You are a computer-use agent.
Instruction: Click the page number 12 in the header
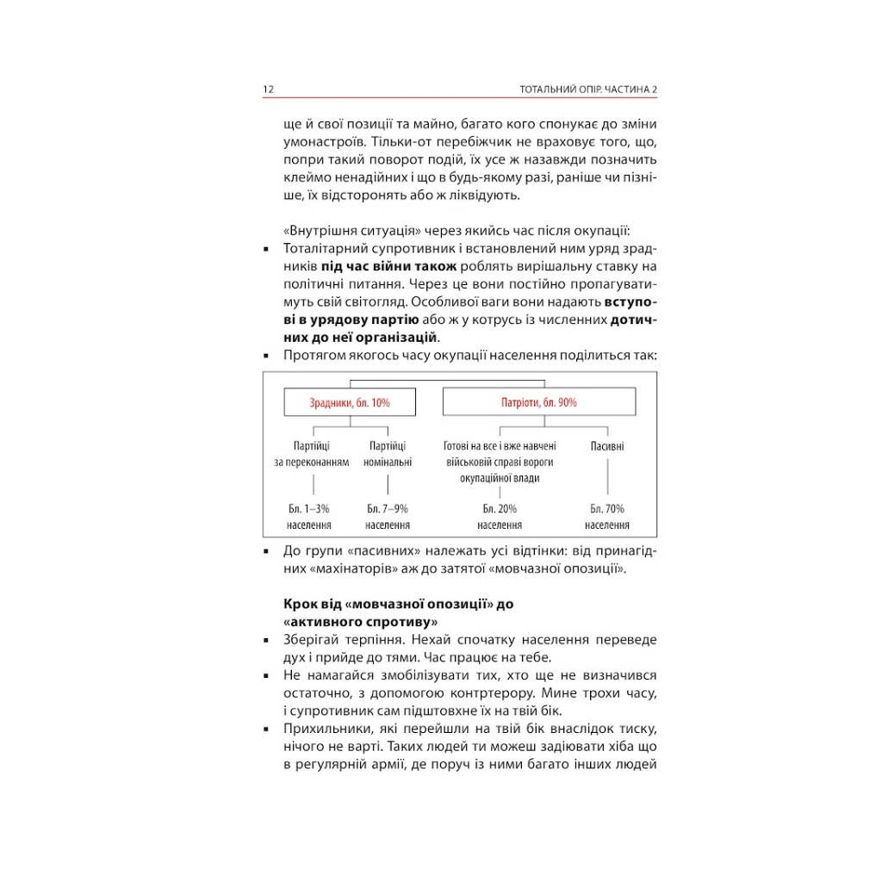coord(269,90)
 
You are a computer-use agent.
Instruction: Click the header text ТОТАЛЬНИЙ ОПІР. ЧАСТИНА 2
coord(589,90)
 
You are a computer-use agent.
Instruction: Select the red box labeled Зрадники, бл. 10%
coord(350,402)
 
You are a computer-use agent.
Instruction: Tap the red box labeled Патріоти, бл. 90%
coord(539,402)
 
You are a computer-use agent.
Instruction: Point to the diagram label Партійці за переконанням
coord(311,454)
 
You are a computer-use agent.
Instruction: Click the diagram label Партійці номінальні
coord(388,454)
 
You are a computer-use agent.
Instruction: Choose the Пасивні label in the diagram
coord(607,446)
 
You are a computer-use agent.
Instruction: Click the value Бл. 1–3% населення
coord(309,517)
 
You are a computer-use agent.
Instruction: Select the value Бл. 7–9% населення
coord(388,517)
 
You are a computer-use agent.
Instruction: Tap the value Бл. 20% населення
coord(500,517)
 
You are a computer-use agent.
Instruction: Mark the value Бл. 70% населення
coord(607,517)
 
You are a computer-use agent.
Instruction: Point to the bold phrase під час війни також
coord(378,266)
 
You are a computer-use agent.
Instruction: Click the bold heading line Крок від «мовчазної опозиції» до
coord(398,604)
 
